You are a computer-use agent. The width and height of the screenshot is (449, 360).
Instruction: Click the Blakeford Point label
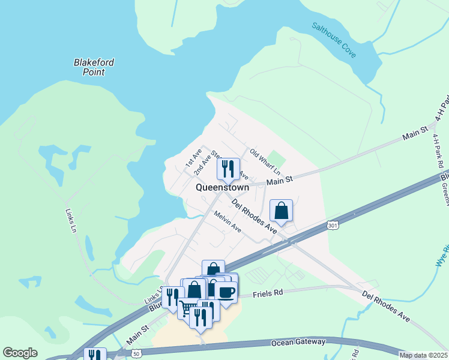(x=94, y=67)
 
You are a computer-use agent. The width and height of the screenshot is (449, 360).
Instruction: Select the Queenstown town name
(x=222, y=188)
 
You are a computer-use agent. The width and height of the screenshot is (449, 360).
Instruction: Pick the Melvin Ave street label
(x=228, y=225)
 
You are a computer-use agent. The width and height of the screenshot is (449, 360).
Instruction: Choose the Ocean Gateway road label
(x=298, y=342)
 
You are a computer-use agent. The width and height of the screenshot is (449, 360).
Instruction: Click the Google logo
(x=20, y=353)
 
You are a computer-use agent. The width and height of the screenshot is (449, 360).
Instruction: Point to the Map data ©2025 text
(x=423, y=355)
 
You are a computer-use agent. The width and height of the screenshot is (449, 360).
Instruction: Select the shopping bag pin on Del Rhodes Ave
(x=281, y=211)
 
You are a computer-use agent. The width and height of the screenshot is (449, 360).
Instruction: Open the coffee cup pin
(x=226, y=292)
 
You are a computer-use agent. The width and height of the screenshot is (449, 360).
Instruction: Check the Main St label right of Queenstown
(x=279, y=181)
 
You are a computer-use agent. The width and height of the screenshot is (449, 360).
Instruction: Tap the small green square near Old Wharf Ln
(x=276, y=158)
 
